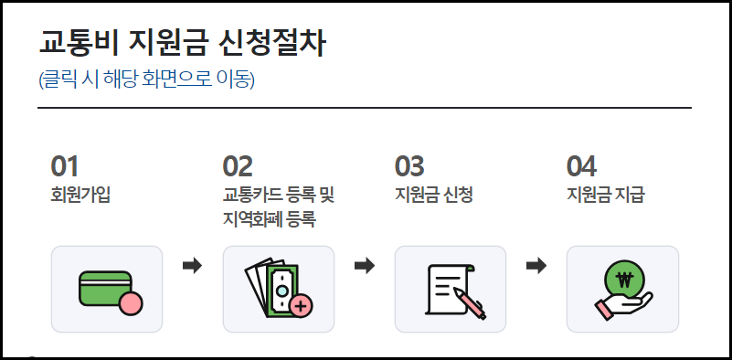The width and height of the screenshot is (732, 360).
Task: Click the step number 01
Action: [65, 166]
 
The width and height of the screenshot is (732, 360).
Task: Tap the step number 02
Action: [238, 166]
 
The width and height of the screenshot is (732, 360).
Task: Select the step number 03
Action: [409, 166]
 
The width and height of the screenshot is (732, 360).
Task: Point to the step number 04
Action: [581, 166]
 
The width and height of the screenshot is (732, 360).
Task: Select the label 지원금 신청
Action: [431, 195]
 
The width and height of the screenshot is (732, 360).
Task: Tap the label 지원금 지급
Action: [604, 195]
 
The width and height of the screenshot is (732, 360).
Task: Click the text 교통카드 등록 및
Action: [280, 195]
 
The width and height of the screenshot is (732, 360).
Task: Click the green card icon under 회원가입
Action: [102, 286]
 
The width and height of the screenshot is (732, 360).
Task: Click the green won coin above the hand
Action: [625, 279]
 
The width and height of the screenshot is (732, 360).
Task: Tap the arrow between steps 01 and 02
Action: [193, 266]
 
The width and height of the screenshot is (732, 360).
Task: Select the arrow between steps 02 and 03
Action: [365, 266]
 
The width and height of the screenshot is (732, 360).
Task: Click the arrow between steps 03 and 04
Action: [536, 266]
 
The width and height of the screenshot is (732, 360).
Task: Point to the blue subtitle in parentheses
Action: [146, 79]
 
